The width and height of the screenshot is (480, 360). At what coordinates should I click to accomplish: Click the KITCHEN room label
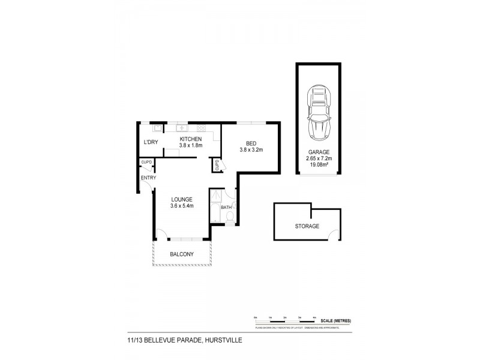pyautogui.click(x=191, y=139)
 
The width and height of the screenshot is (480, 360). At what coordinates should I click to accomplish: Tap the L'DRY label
pyautogui.click(x=150, y=142)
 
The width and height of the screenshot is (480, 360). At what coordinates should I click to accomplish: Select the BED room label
pyautogui.click(x=251, y=142)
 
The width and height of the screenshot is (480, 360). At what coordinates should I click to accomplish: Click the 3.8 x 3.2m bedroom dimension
pyautogui.click(x=251, y=149)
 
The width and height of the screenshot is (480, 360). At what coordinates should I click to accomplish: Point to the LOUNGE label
pyautogui.click(x=181, y=199)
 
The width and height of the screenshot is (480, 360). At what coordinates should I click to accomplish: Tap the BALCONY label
pyautogui.click(x=181, y=254)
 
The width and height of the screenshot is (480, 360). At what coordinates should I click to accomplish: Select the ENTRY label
pyautogui.click(x=148, y=178)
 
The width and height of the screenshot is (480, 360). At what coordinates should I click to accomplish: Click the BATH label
pyautogui.click(x=226, y=208)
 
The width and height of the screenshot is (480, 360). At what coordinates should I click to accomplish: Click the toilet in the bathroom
pyautogui.click(x=229, y=216)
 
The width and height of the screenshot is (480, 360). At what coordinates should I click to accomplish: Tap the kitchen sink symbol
pyautogui.click(x=179, y=128)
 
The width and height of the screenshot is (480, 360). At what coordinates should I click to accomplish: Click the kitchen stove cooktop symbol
pyautogui.click(x=201, y=128)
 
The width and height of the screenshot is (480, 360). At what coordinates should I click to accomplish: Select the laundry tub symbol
pyautogui.click(x=157, y=127)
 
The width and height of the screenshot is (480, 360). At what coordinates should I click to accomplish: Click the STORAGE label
pyautogui.click(x=307, y=226)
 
